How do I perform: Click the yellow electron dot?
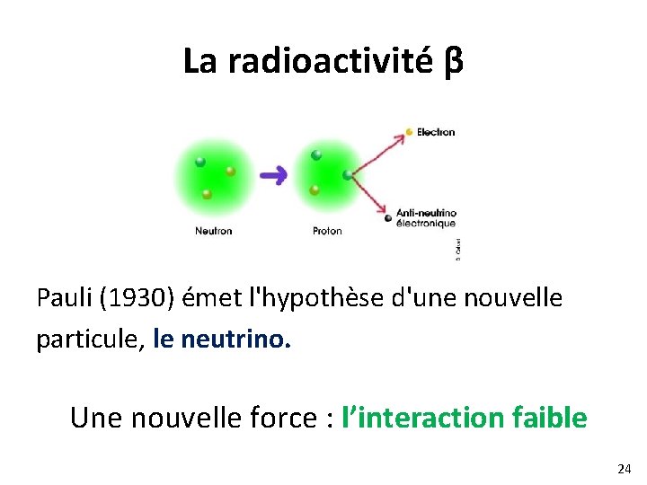click(409, 132)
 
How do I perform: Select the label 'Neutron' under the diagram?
click(213, 232)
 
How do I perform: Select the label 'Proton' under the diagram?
click(327, 232)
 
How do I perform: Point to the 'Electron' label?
click(436, 132)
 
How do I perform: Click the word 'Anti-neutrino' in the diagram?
click(426, 213)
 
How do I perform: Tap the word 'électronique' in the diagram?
click(426, 224)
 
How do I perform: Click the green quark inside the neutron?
click(200, 163)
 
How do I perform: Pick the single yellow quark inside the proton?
click(315, 190)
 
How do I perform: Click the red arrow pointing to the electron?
click(378, 149)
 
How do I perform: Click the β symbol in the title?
click(454, 61)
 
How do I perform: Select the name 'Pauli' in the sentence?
click(61, 297)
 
